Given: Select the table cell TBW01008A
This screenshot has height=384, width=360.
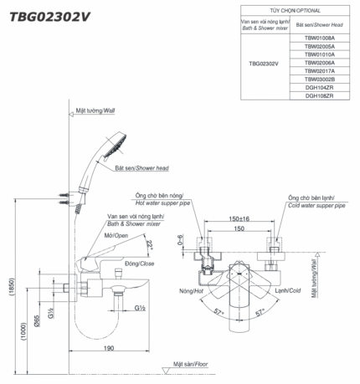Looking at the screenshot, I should coord(319,38).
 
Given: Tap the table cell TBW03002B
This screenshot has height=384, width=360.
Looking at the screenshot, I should coord(319,79).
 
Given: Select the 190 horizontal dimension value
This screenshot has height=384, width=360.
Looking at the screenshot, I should coord(109,348).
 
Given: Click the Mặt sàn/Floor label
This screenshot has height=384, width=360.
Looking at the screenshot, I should coord(190,364).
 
